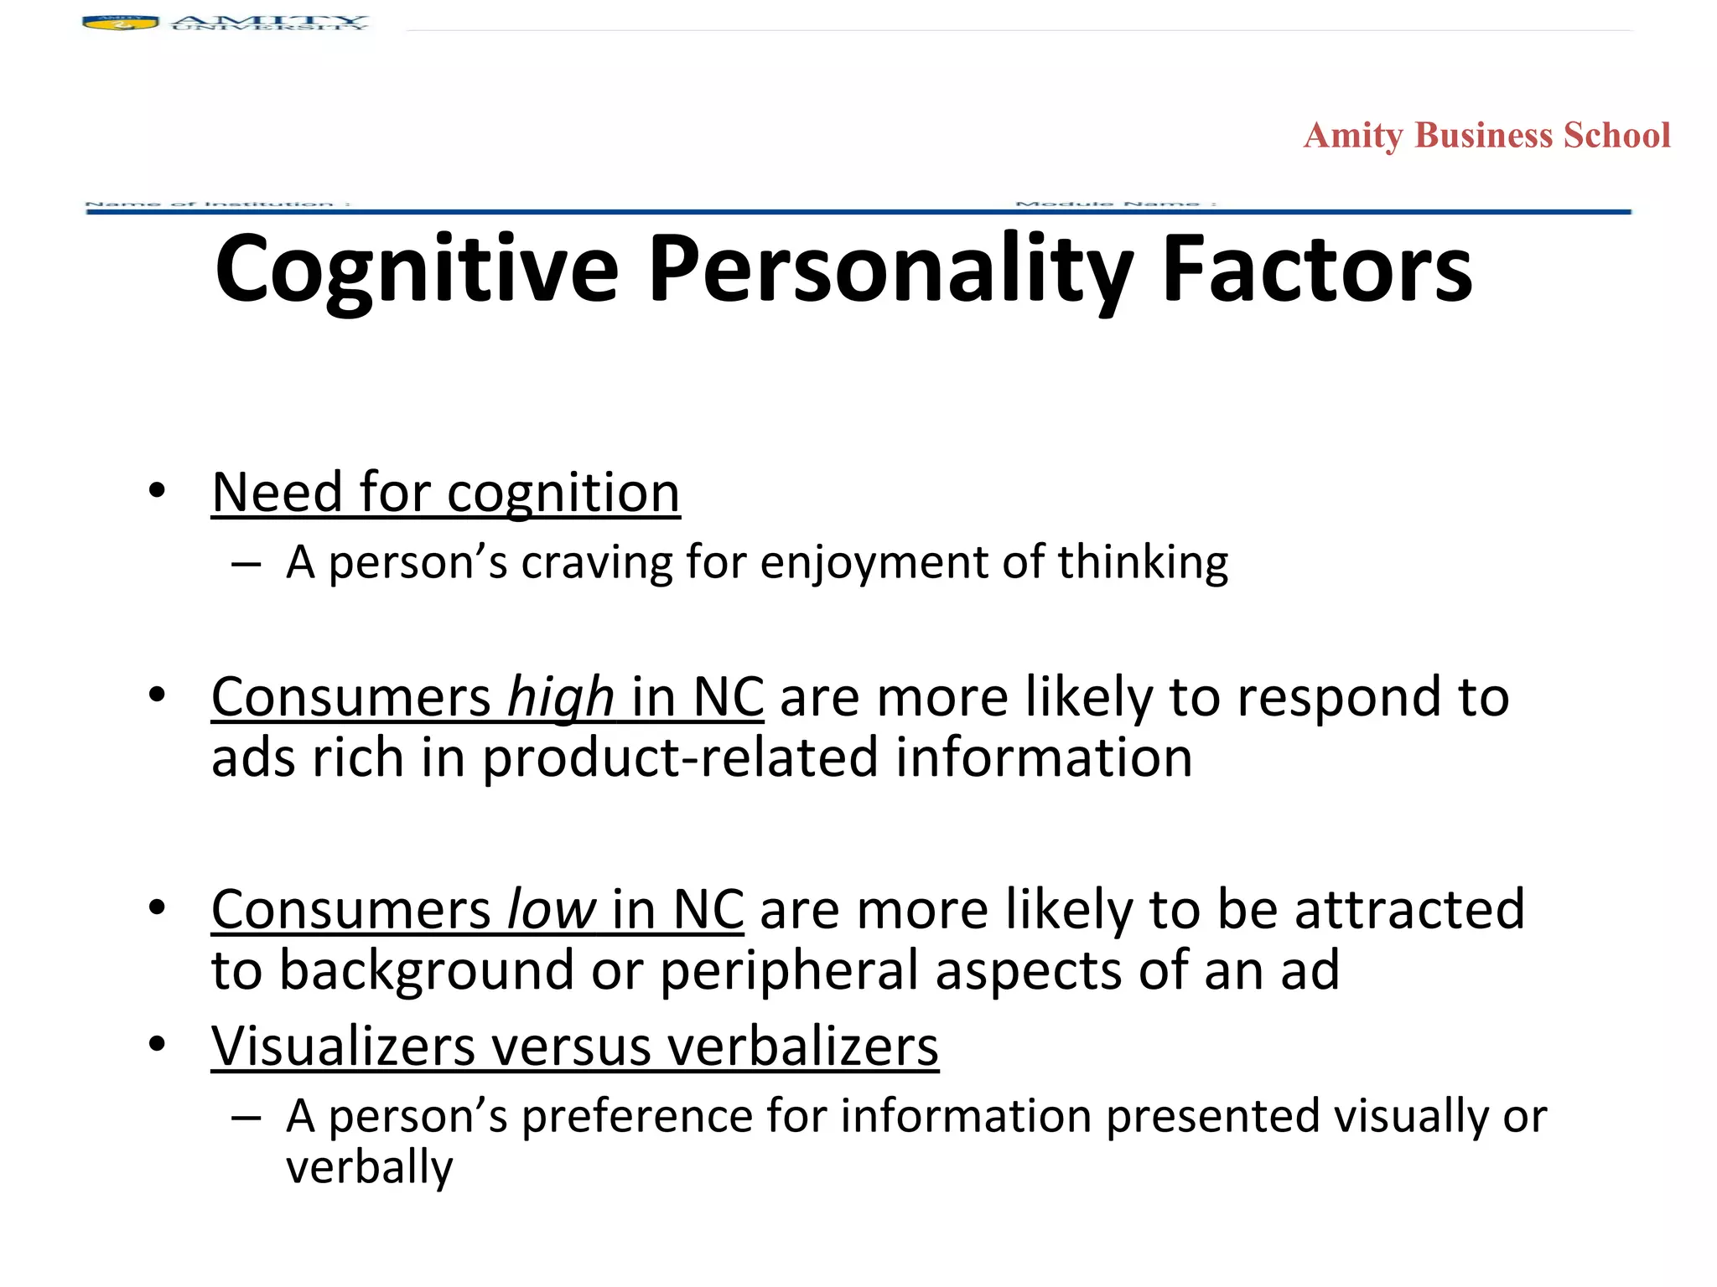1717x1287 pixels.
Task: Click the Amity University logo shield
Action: (x=121, y=23)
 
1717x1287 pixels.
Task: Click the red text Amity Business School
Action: (x=1486, y=136)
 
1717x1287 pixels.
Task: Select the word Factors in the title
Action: (x=1316, y=270)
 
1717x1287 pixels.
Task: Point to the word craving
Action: (x=596, y=562)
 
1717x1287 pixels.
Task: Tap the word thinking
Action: (x=1143, y=562)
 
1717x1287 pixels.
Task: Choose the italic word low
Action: (x=552, y=910)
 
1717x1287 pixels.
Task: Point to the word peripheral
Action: (x=790, y=970)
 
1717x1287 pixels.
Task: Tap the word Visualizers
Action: (x=344, y=1047)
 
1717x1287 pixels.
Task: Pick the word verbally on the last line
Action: (x=369, y=1167)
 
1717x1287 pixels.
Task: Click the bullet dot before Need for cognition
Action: (x=157, y=491)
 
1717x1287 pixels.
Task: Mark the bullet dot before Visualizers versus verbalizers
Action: (x=157, y=1045)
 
